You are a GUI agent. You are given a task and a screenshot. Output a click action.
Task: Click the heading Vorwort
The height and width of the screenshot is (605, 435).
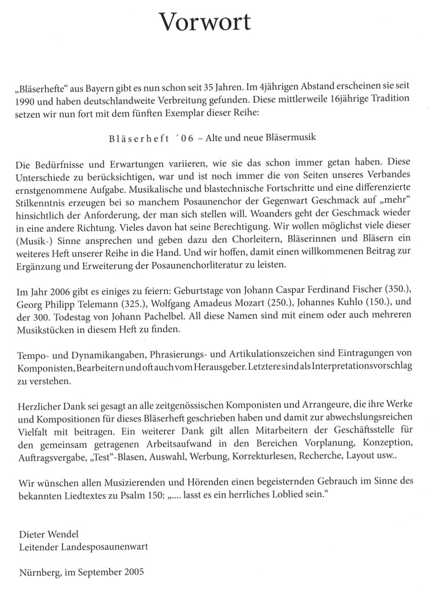204,22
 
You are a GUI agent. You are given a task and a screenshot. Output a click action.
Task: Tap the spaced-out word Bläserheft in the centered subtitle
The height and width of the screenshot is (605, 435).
135,138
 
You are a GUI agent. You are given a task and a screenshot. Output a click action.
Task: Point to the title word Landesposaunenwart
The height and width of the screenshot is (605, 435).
102,547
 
